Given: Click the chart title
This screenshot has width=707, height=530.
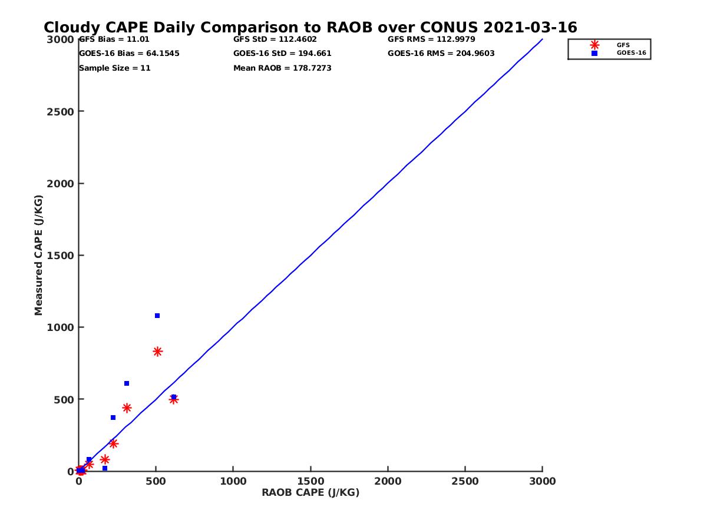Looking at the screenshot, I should [310, 28].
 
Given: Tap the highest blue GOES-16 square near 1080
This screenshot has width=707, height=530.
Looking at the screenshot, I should [157, 316].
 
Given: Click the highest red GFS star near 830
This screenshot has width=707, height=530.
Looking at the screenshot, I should [157, 352].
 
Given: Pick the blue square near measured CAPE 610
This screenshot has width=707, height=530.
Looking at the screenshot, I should [127, 383].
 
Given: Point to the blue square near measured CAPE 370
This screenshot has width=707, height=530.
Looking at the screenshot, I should [113, 418].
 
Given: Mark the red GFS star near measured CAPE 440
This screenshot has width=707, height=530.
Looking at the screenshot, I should [127, 408].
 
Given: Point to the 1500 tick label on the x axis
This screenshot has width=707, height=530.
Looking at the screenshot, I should [310, 481].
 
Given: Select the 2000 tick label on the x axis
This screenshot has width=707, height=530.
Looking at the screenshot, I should [388, 481].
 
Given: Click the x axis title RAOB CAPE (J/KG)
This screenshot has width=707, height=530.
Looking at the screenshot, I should [310, 493].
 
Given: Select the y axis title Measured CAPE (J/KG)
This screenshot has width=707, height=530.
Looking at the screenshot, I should [39, 255].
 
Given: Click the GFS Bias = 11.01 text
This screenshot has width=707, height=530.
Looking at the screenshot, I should [110, 39].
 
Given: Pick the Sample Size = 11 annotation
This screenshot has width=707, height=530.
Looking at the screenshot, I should [115, 68].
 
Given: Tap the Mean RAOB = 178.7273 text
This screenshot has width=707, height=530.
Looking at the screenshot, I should [282, 68].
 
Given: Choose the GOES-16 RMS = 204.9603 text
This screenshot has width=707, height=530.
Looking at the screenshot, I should [441, 54].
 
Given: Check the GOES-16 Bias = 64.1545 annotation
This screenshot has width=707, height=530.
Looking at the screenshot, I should [129, 54].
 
